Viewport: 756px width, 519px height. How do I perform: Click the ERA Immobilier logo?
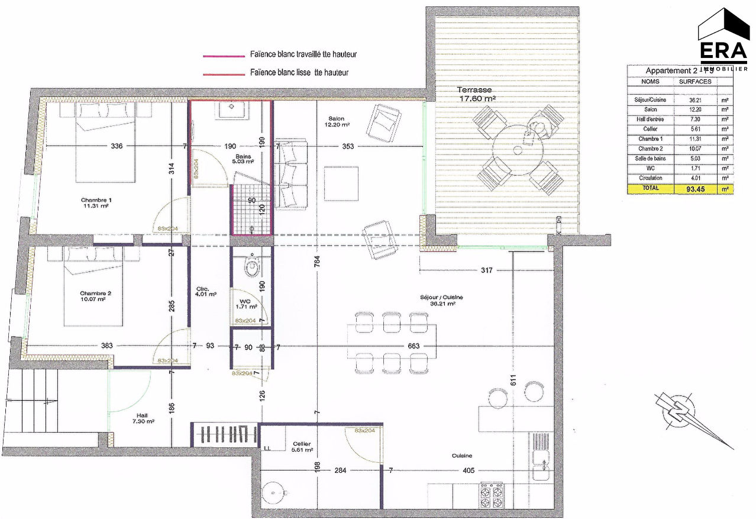723,39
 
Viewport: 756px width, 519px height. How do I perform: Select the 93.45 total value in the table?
697,188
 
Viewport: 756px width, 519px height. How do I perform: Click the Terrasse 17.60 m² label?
476,94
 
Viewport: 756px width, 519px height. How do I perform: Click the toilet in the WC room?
253,266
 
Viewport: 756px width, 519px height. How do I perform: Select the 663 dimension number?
414,346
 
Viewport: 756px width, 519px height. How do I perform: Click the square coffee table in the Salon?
341,183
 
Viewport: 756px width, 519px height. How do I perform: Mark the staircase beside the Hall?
33,408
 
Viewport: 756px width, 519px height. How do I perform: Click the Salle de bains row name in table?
650,158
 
